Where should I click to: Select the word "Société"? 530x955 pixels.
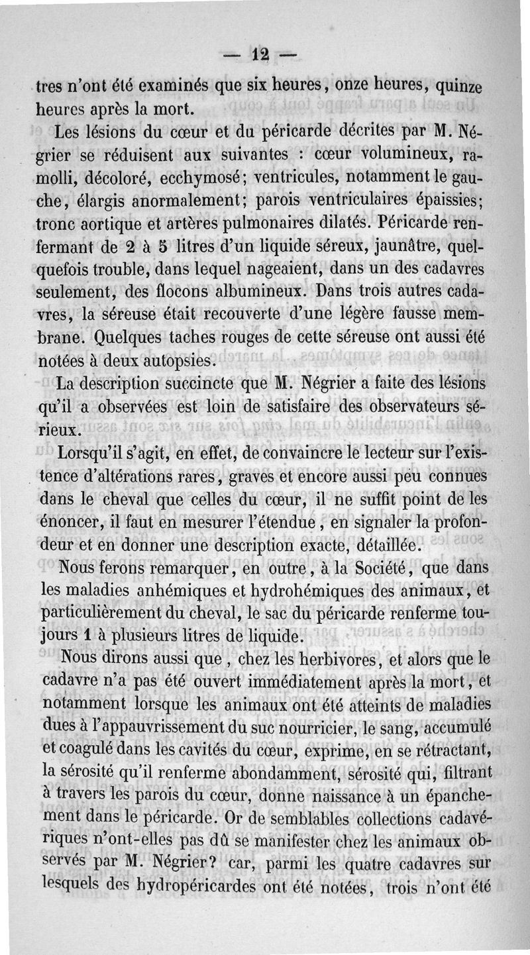coord(369,568)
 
